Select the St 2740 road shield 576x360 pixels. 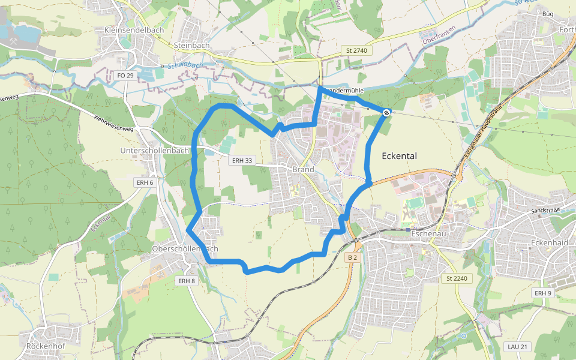(356, 50)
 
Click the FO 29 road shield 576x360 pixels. (125, 76)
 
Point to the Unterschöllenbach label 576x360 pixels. (155, 151)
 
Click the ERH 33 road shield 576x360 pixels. (241, 160)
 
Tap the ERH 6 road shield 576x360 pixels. (145, 182)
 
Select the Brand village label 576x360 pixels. (303, 169)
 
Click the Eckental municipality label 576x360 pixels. (399, 156)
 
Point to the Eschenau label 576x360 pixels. (430, 233)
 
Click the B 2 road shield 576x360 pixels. (352, 257)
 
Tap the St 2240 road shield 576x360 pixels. (457, 278)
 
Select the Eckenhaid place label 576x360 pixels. (550, 242)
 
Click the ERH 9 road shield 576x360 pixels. (542, 293)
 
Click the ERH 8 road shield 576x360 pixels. (186, 281)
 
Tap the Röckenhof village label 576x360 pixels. (45, 346)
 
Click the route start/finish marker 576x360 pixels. (387, 112)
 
